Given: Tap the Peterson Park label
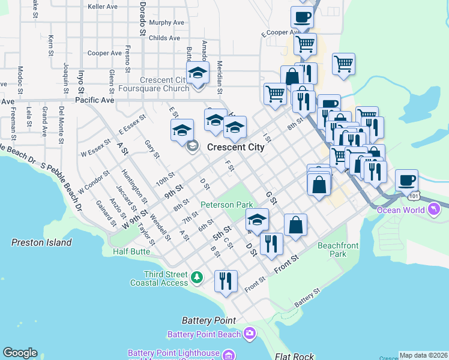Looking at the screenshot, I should pyautogui.click(x=226, y=205).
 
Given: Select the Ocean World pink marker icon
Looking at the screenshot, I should pyautogui.click(x=434, y=209).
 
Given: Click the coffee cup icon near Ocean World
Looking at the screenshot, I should pyautogui.click(x=406, y=180).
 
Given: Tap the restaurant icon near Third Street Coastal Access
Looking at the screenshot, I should pyautogui.click(x=226, y=280).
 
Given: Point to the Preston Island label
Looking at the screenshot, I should pyautogui.click(x=41, y=242).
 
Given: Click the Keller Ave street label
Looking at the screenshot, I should pyautogui.click(x=103, y=7).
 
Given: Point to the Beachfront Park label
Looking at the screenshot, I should pyautogui.click(x=340, y=250).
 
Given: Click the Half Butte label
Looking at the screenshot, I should pyautogui.click(x=131, y=251).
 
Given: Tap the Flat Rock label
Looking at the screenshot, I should pyautogui.click(x=294, y=356).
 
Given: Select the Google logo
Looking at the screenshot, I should pyautogui.click(x=20, y=353).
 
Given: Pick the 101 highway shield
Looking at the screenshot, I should pyautogui.click(x=412, y=196).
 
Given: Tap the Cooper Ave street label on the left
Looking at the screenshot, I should pyautogui.click(x=105, y=53).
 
